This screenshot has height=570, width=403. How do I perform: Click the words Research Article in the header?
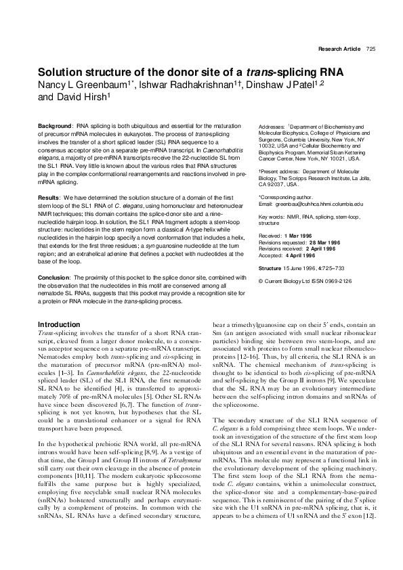pyautogui.click(x=339, y=49)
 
